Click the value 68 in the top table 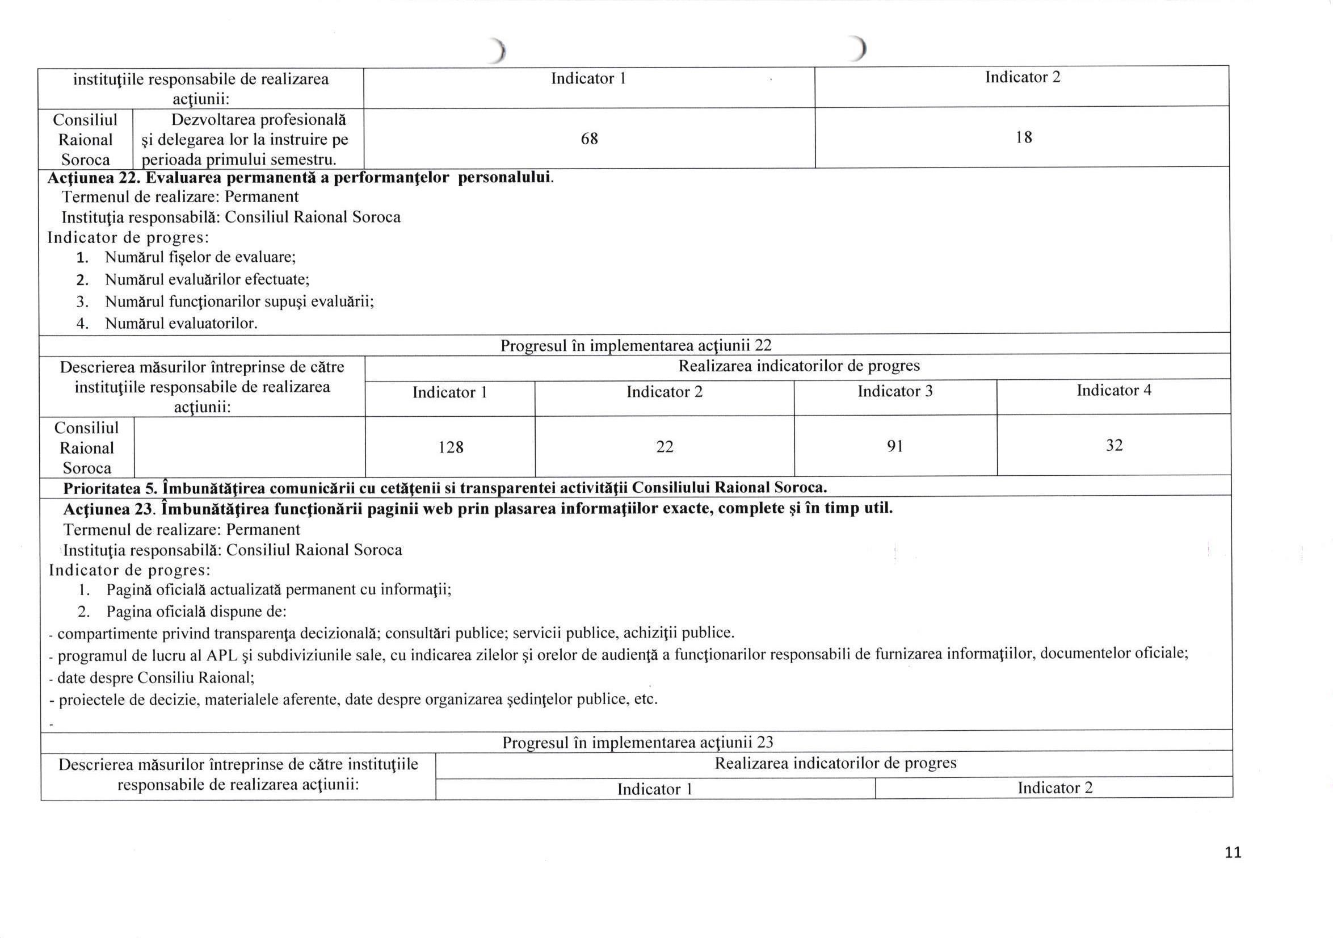coord(589,139)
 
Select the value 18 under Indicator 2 coord(1024,137)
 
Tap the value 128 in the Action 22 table coord(451,447)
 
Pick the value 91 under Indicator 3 coord(895,446)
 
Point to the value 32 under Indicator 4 coord(1113,446)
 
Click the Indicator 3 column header coord(895,391)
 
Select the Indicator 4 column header coord(1113,390)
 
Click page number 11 coord(1233,853)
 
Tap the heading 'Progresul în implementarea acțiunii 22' coord(636,346)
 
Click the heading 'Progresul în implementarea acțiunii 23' coord(637,742)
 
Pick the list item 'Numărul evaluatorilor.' coord(181,324)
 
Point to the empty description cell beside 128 coord(249,447)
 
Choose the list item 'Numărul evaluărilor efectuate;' coord(207,280)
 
